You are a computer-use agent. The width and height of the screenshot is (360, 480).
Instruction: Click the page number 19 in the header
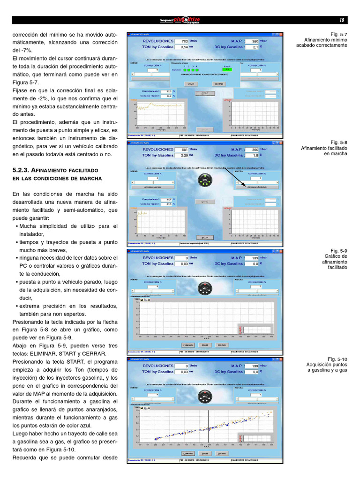tap(342, 20)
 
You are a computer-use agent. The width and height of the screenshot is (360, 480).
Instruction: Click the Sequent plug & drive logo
tap(180, 20)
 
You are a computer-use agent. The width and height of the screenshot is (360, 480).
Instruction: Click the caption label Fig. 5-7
tap(338, 35)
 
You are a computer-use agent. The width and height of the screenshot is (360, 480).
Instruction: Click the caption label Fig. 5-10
tap(337, 359)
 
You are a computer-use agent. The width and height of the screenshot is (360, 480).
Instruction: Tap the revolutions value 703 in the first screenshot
tap(181, 41)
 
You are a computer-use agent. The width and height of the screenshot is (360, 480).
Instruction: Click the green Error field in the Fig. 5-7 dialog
tap(227, 69)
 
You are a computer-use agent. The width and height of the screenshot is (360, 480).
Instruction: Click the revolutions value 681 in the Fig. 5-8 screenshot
tap(181, 150)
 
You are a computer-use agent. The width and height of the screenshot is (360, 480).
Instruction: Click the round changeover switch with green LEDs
tap(205, 180)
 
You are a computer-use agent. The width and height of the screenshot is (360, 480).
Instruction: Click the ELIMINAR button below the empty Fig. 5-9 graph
tap(187, 345)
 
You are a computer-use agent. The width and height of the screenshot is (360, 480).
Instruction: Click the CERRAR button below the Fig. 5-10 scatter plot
tap(222, 454)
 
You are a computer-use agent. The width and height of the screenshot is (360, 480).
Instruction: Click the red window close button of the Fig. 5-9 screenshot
tap(281, 251)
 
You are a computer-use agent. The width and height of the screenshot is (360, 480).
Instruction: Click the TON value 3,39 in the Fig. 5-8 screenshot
tap(181, 155)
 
